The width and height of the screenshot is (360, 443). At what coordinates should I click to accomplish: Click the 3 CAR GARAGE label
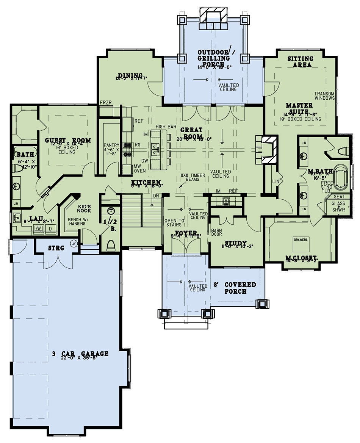click(80, 354)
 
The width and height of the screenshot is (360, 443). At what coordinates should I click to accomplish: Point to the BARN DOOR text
click(216, 232)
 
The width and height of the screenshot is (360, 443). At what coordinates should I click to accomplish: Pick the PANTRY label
click(111, 145)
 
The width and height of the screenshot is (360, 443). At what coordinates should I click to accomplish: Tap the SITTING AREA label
click(300, 62)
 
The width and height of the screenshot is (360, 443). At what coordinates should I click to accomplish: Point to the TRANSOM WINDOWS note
click(324, 95)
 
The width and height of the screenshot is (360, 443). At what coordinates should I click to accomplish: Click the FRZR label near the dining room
click(105, 103)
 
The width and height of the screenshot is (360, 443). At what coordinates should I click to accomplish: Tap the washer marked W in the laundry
click(38, 229)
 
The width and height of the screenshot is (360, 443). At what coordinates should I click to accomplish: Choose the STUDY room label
click(236, 243)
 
